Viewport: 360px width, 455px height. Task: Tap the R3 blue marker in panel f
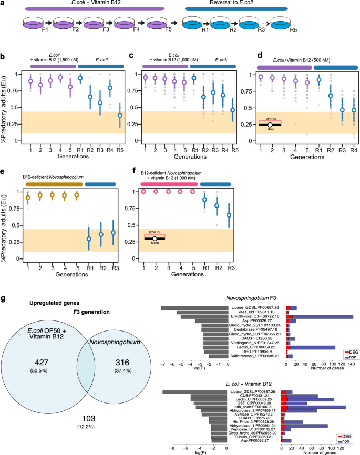(x=229, y=215)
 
